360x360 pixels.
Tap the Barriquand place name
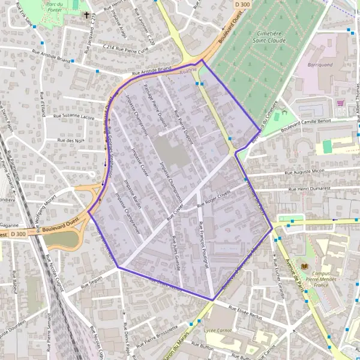click(x=319, y=64)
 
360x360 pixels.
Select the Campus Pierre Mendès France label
click(x=327, y=269)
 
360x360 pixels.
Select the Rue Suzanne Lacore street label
click(x=74, y=116)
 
